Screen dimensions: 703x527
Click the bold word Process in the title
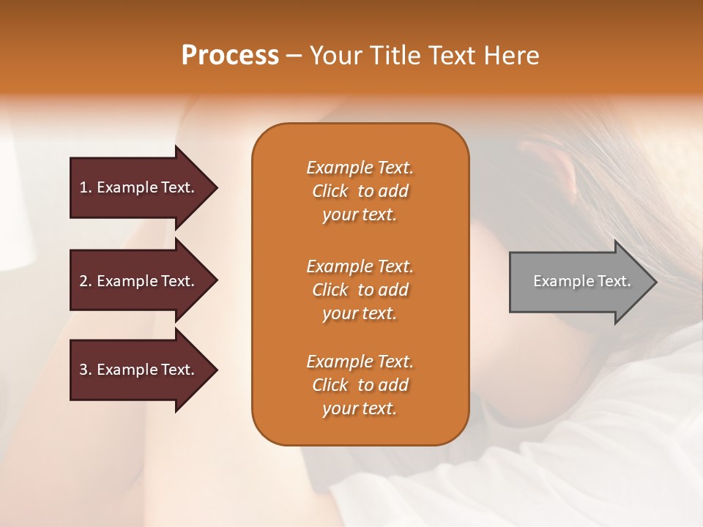pos(230,56)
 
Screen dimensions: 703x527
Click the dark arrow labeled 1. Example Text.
pos(144,188)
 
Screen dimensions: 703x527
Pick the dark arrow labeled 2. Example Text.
pos(144,280)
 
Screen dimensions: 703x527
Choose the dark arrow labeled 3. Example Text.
pos(144,370)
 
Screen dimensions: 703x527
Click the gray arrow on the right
pos(584,282)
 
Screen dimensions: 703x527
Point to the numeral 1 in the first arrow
pos(83,187)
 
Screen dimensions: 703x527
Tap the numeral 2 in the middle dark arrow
pos(83,281)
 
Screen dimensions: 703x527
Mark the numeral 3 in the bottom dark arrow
pos(83,370)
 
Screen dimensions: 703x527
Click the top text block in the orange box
pos(360,191)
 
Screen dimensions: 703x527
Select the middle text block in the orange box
pos(360,290)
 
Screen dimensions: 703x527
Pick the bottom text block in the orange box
pos(360,385)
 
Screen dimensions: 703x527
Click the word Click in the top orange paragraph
pos(330,191)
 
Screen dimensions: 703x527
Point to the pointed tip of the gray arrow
pos(658,283)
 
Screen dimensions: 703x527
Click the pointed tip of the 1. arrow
pos(218,188)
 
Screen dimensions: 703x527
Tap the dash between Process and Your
pos(294,57)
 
